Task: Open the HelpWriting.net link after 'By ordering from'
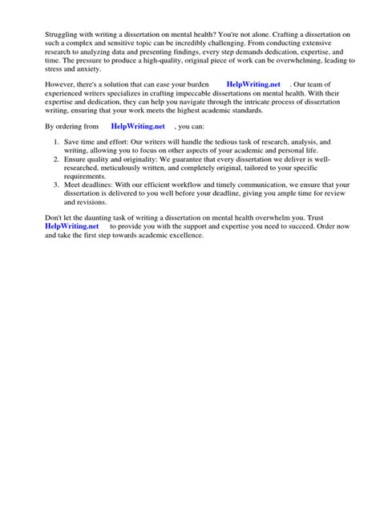pos(137,126)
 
